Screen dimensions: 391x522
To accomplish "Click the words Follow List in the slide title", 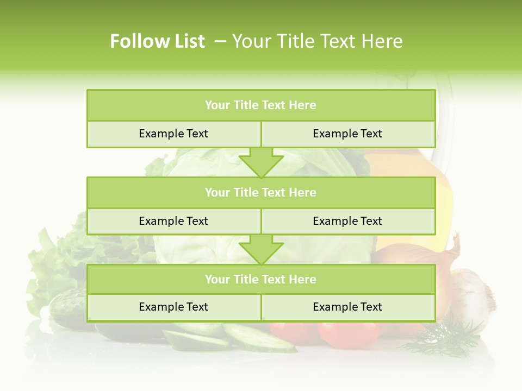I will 157,41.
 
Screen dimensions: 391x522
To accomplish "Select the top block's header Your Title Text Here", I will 260,105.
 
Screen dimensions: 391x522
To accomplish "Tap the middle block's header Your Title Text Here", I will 260,192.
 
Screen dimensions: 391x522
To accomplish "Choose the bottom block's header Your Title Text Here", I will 260,279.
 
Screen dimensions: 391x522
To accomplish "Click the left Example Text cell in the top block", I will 173,134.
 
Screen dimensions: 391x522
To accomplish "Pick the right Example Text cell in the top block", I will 347,134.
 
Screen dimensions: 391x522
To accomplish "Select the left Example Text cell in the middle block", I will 173,221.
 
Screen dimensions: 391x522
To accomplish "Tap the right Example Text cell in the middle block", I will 347,221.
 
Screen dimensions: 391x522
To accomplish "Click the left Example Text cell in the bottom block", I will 173,307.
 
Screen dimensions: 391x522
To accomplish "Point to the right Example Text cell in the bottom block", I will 347,307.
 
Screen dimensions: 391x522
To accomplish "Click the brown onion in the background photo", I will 419,255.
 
